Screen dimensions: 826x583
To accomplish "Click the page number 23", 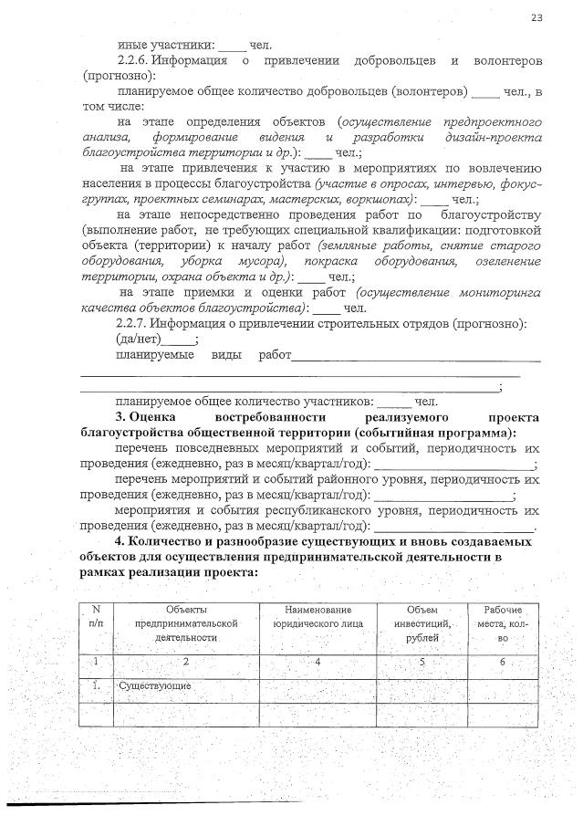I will click(x=536, y=17).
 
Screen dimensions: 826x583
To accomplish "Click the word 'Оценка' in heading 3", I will click(x=161, y=417).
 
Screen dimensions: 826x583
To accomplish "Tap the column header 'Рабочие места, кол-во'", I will click(x=501, y=622).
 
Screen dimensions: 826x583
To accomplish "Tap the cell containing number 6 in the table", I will click(x=502, y=661).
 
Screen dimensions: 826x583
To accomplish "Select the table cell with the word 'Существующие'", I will click(x=152, y=685).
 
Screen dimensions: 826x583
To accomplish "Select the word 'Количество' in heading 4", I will click(x=167, y=542).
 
